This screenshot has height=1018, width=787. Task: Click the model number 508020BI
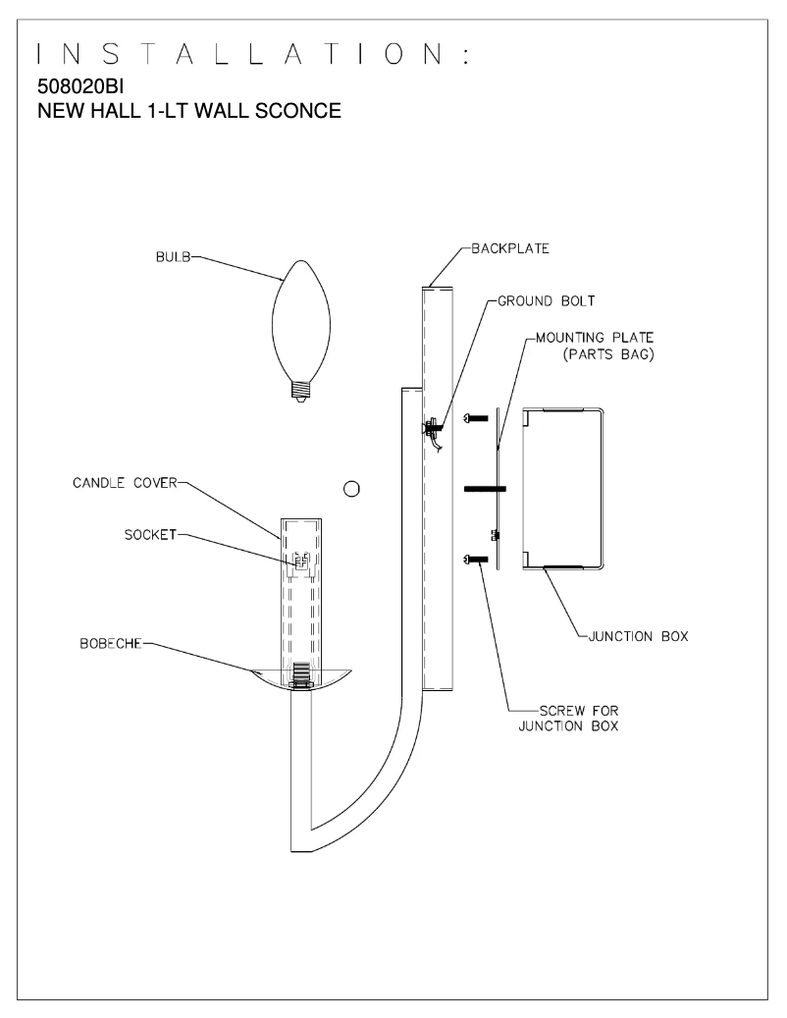click(79, 87)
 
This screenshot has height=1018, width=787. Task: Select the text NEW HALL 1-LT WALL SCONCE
click(188, 111)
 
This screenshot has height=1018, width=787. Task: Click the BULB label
click(174, 258)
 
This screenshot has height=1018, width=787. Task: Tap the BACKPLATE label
click(509, 248)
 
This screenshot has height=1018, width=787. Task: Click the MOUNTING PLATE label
click(595, 338)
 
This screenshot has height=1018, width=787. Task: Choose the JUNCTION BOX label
click(638, 636)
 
